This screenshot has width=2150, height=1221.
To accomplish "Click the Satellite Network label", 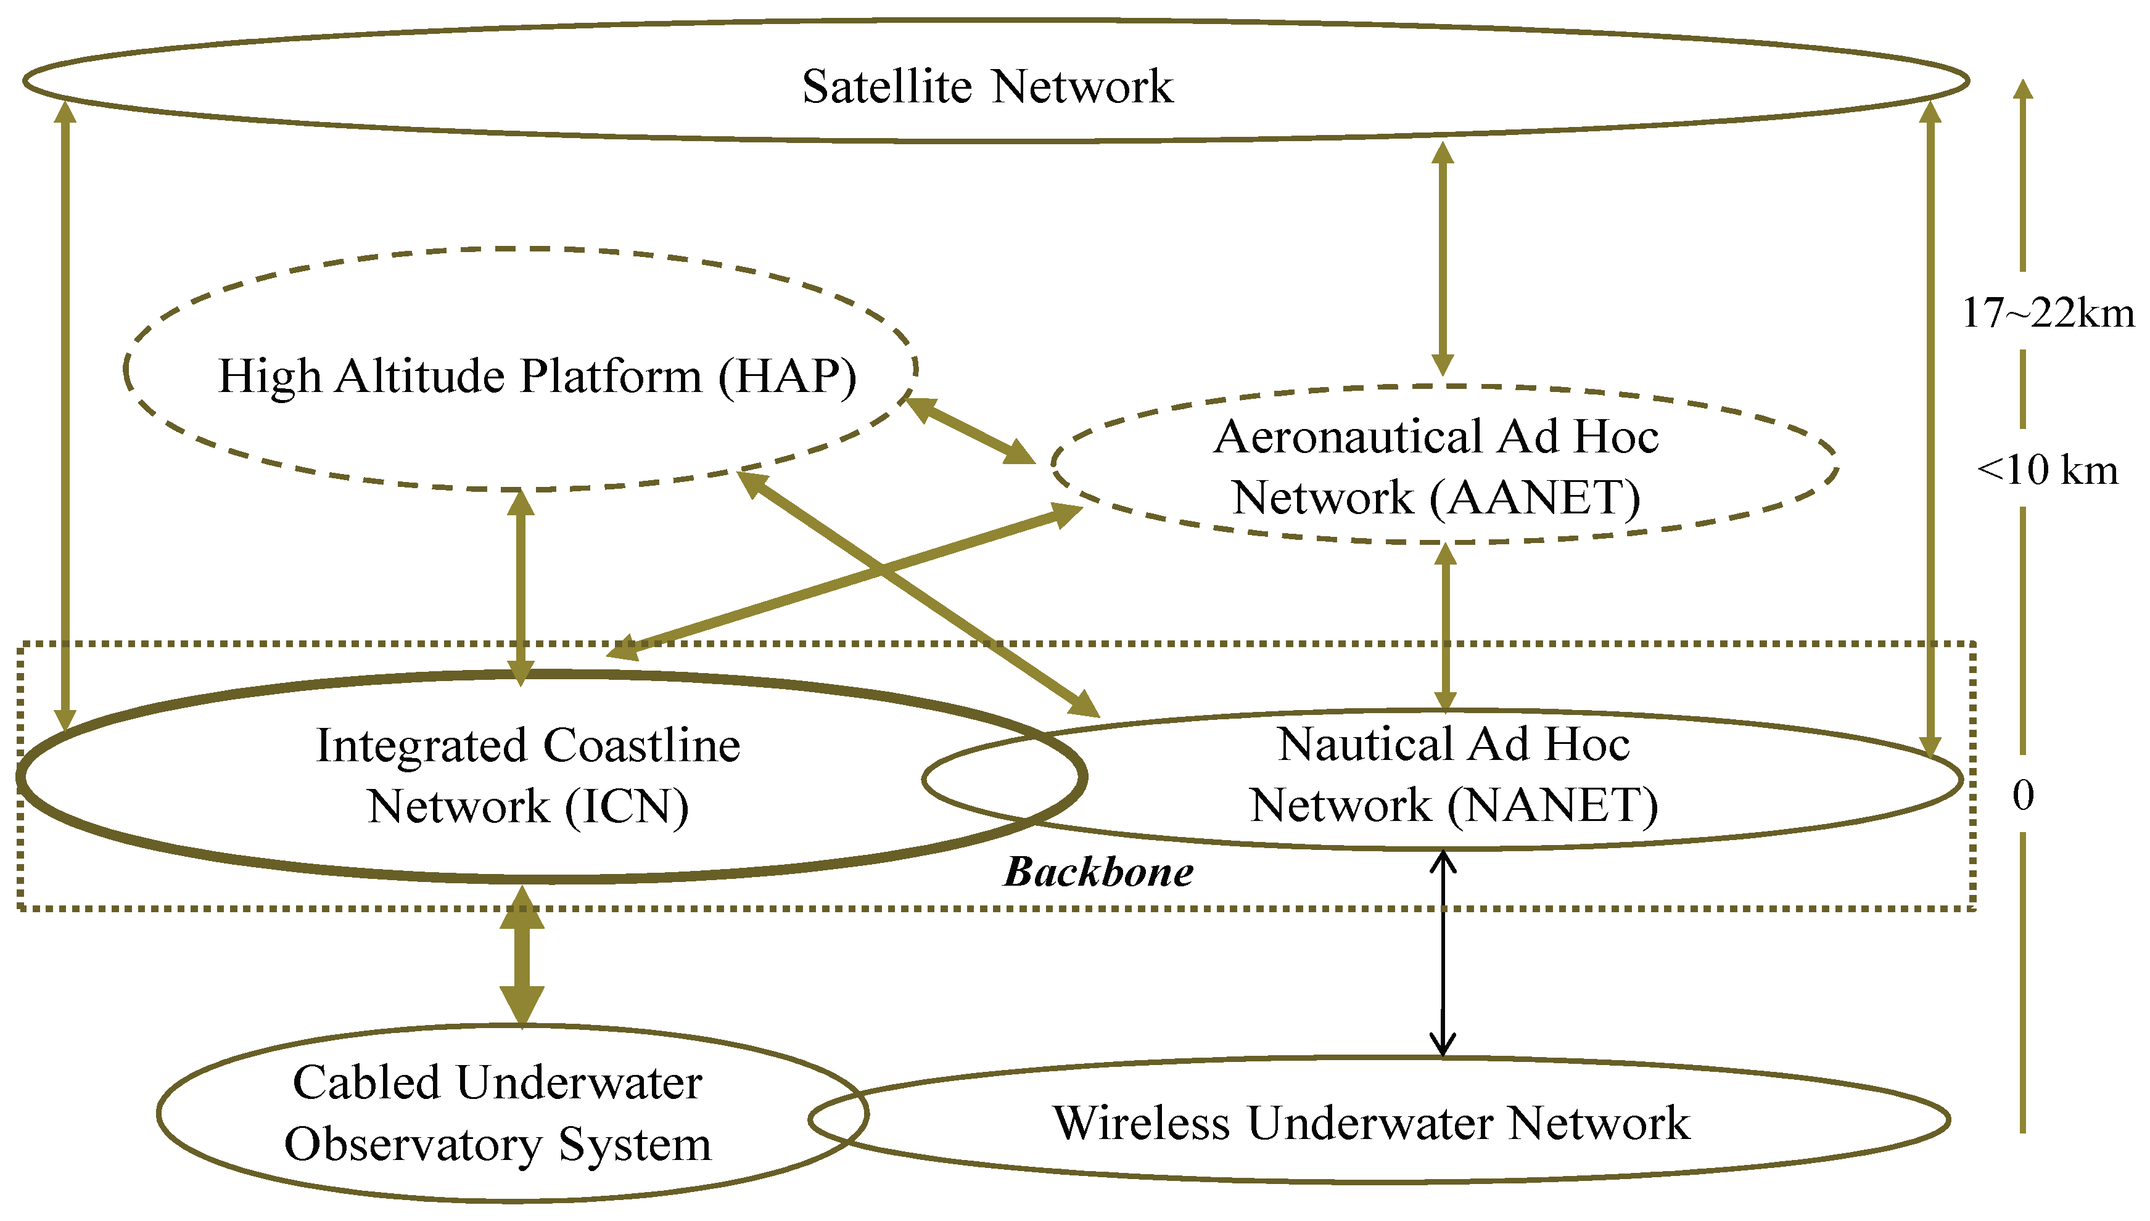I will (987, 86).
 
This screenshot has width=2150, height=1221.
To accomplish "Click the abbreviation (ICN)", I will (626, 807).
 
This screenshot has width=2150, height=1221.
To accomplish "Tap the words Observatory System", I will (498, 1144).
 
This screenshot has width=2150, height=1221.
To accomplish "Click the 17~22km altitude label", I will (2047, 312).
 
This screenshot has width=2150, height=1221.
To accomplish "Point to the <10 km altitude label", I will (2047, 470).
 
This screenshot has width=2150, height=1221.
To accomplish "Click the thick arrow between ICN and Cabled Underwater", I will (522, 956).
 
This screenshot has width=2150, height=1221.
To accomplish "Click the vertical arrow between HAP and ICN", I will (521, 587).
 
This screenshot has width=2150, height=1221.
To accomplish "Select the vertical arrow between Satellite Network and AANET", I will (1442, 258).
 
